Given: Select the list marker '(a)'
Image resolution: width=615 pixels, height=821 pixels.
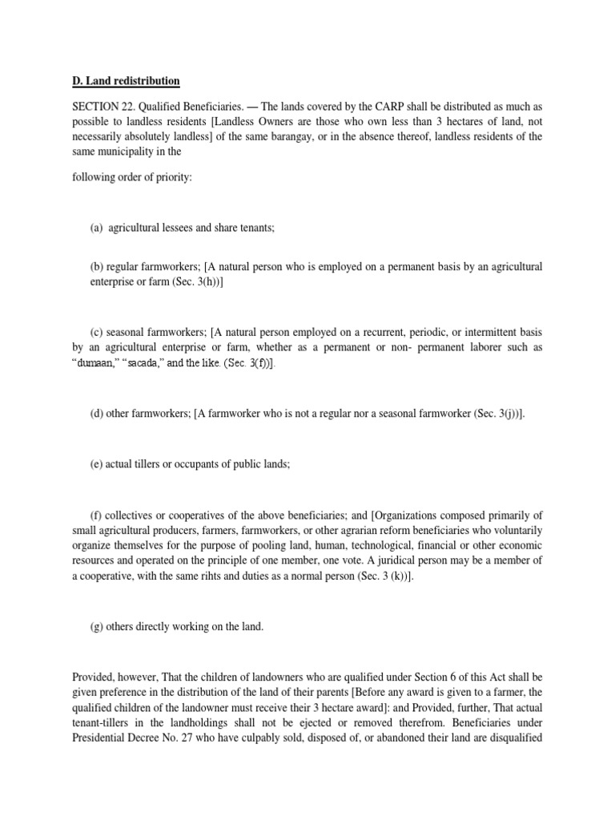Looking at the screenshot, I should coord(96,228).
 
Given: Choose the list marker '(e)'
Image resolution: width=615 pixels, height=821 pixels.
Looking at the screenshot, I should coord(96,464).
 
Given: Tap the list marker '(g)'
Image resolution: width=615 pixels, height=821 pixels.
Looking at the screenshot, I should coord(96,627).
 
